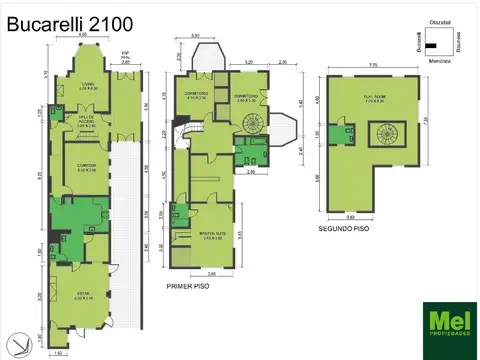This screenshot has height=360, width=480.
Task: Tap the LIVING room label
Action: tap(87, 87)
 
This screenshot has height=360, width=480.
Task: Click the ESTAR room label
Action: tap(82, 295)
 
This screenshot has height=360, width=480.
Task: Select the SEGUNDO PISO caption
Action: tap(344, 228)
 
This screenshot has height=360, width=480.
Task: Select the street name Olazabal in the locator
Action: tap(440, 19)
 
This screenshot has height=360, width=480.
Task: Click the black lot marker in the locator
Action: tap(432, 45)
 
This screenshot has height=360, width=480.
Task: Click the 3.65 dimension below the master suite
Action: tap(211, 273)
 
